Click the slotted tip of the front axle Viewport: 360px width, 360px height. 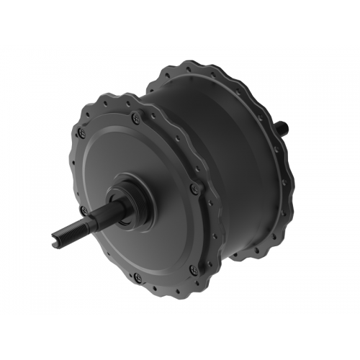click(x=57, y=239)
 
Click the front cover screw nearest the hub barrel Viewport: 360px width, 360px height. click(x=194, y=189)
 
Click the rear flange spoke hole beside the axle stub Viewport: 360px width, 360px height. click(x=282, y=144)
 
